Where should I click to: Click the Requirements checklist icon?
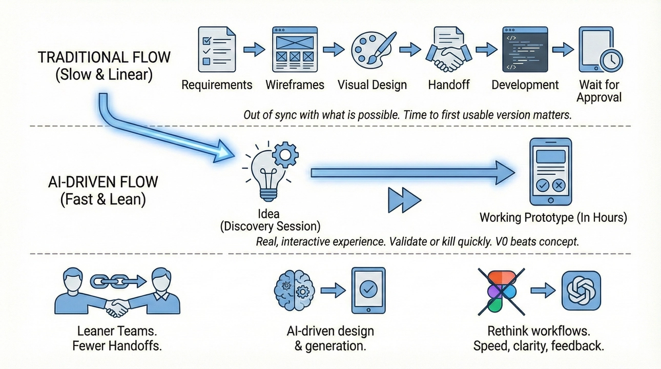tap(217, 49)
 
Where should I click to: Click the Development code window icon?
tap(525, 49)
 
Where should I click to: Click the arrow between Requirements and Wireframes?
tap(254, 49)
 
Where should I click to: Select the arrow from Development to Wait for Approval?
tap(563, 50)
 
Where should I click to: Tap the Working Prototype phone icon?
tap(550, 171)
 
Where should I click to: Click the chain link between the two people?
tap(116, 280)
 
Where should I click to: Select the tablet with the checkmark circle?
tap(368, 291)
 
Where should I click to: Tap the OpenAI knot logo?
tap(581, 291)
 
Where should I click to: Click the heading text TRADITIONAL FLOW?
tap(104, 57)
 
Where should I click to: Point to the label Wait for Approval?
tap(600, 91)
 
